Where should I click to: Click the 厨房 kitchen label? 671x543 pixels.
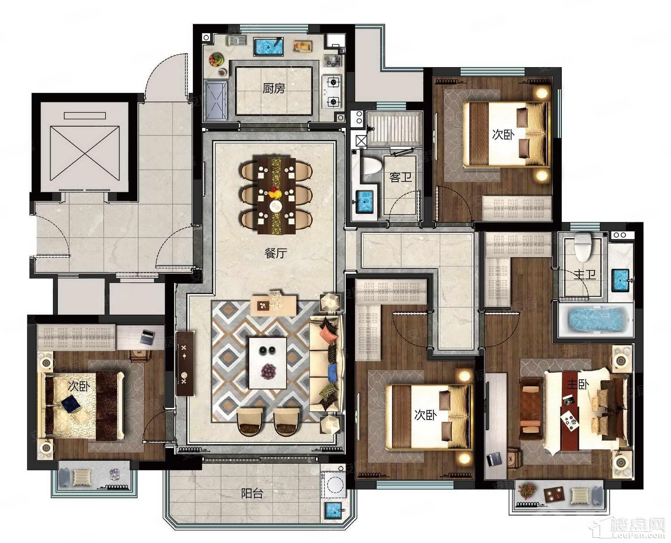tap(273, 89)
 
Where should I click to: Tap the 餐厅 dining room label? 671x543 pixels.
tap(276, 253)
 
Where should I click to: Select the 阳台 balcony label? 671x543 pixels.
tap(252, 493)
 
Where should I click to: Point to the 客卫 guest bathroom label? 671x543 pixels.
tap(400, 177)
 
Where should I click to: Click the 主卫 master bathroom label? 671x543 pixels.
tap(585, 275)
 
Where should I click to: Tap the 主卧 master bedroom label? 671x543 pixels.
tap(578, 384)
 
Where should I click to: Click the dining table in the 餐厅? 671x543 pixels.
tap(276, 196)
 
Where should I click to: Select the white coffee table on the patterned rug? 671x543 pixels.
tap(268, 363)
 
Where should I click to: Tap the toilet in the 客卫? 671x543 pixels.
tap(372, 166)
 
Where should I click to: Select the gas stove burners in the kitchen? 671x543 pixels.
tap(332, 92)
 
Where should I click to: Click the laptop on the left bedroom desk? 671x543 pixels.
tap(146, 336)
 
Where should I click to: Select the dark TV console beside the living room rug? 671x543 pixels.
tap(185, 363)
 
